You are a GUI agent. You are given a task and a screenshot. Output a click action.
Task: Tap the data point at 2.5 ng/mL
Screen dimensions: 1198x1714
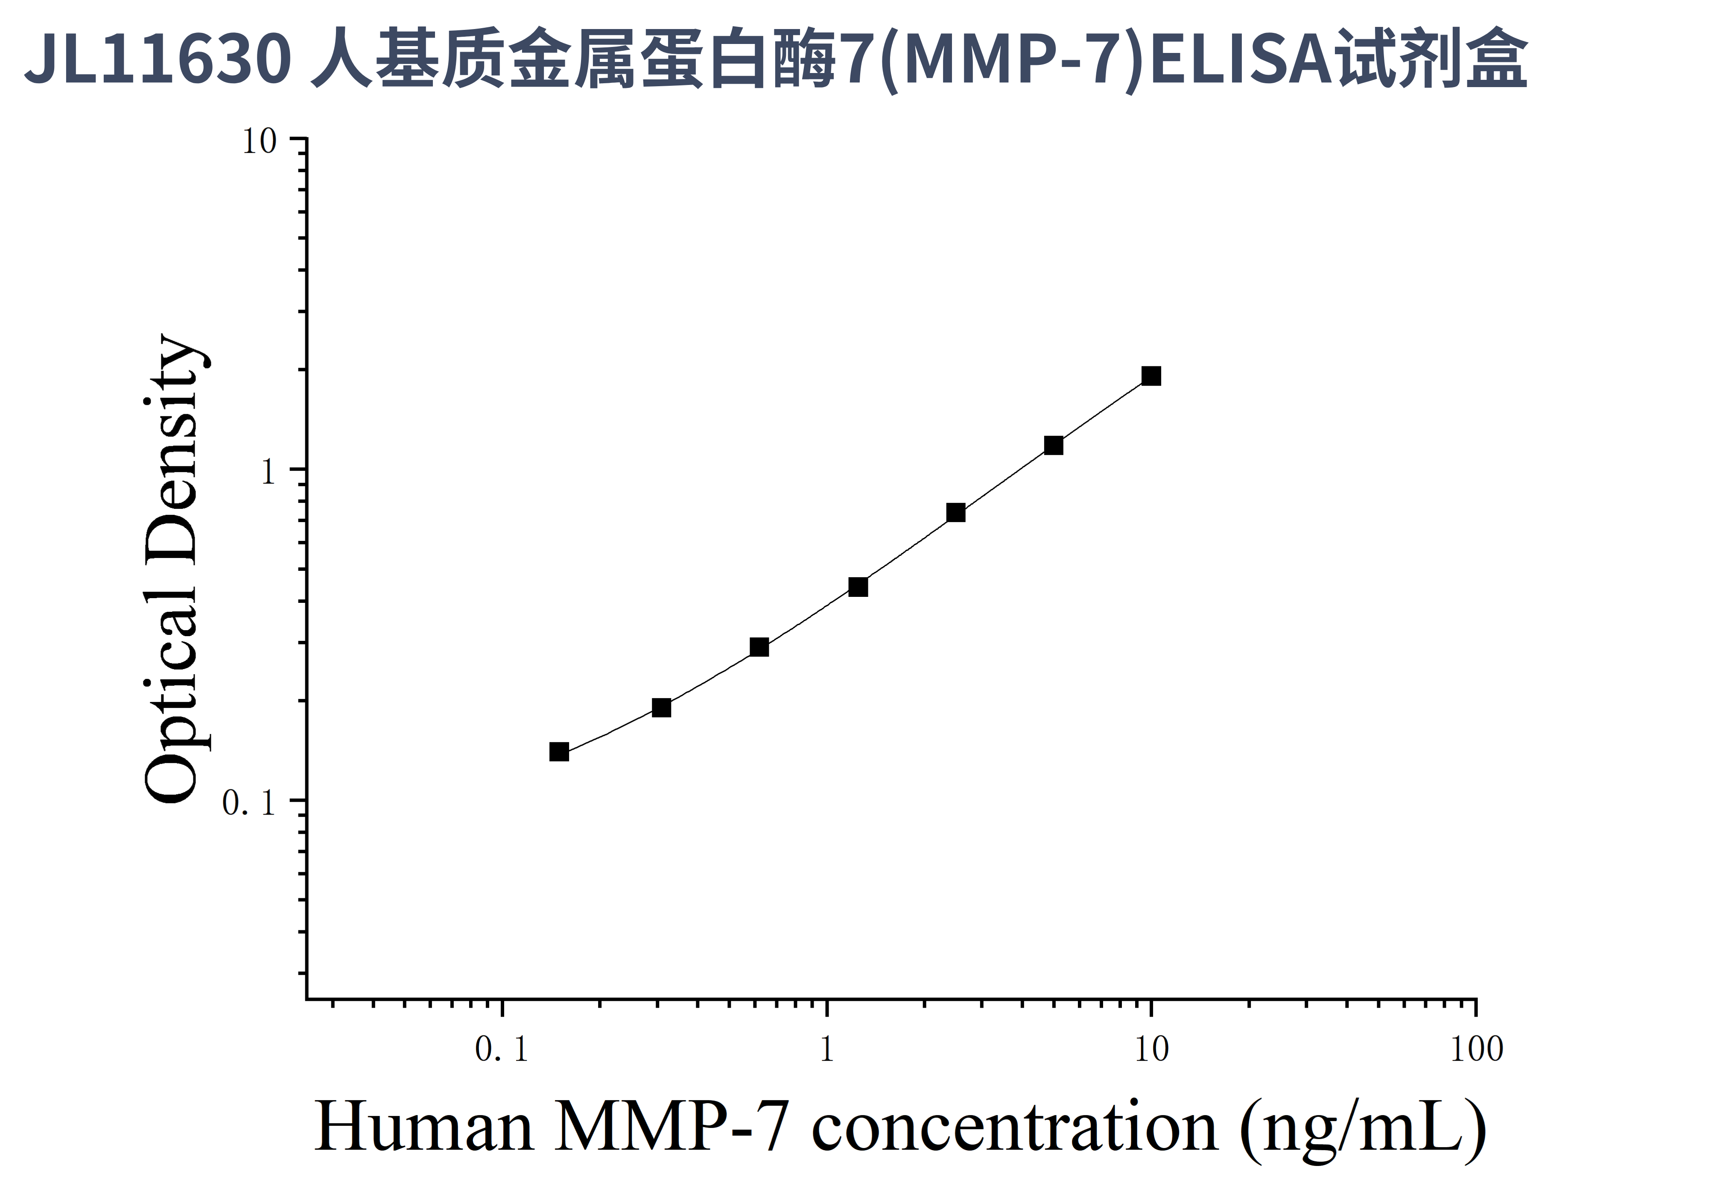(955, 513)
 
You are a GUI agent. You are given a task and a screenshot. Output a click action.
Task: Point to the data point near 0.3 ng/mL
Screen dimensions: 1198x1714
(661, 707)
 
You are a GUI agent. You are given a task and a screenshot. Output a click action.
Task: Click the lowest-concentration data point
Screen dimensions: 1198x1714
(559, 752)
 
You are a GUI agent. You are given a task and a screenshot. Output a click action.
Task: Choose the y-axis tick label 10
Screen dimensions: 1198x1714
(259, 142)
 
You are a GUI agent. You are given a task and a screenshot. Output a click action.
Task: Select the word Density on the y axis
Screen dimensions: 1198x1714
(172, 448)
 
